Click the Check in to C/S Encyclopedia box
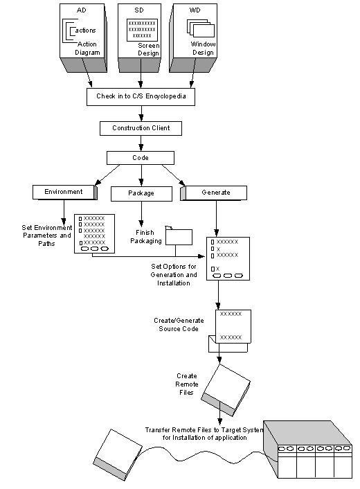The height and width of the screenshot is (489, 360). [x=141, y=97]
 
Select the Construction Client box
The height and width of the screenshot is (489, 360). [x=141, y=128]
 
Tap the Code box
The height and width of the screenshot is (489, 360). [x=141, y=158]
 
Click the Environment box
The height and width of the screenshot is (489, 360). [x=64, y=192]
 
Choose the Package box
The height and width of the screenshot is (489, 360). [x=141, y=193]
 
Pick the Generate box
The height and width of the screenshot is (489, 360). [x=215, y=192]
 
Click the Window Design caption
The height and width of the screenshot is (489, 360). [x=204, y=47]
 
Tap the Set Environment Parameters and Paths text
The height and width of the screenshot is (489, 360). [x=46, y=235]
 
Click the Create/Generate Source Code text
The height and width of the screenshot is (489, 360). [x=177, y=325]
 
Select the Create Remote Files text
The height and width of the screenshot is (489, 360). [x=186, y=382]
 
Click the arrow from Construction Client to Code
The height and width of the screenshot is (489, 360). [x=141, y=143]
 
